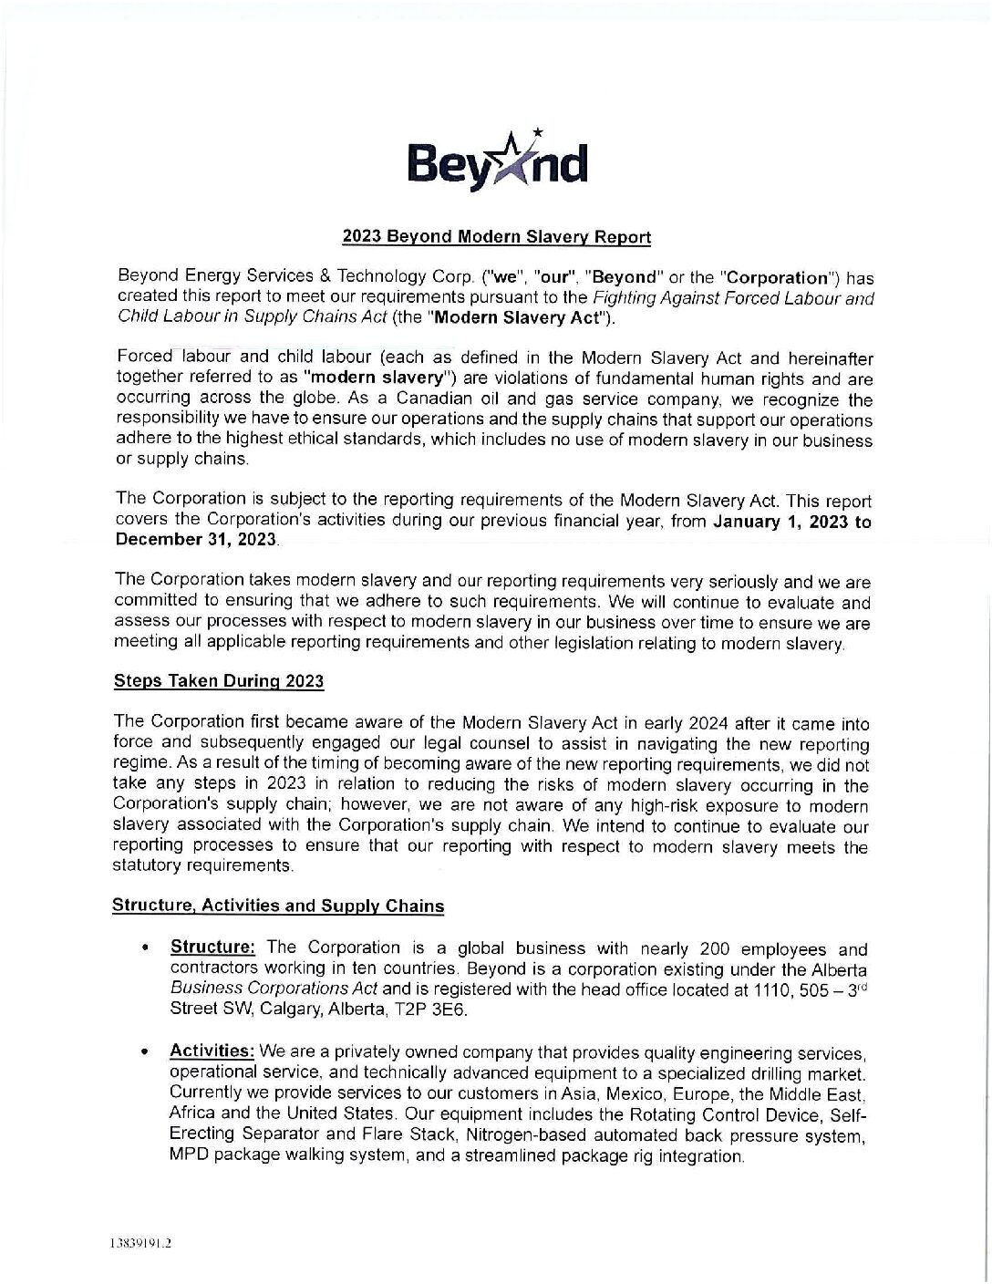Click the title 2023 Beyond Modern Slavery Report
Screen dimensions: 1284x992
tap(496, 237)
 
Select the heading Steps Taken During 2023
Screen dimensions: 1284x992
tap(218, 680)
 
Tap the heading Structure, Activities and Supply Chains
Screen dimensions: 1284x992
tap(278, 906)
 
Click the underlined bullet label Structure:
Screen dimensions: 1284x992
tap(212, 947)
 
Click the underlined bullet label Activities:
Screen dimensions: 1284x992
tap(212, 1051)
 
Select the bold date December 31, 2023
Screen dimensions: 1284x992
tap(195, 539)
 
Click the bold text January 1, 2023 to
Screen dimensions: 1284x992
tap(792, 523)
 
